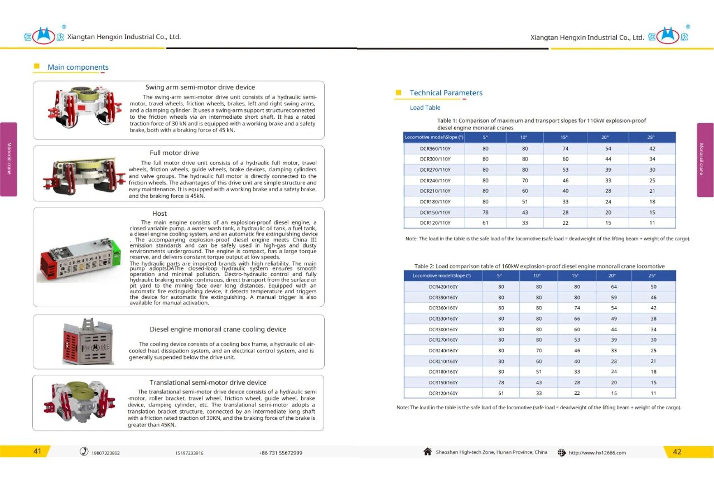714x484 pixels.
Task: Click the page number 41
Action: pos(37,452)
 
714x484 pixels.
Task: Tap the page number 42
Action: pos(677,452)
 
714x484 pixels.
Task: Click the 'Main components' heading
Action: pos(78,67)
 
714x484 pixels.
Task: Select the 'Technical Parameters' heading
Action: pos(446,93)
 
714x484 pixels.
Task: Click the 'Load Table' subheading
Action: pos(425,108)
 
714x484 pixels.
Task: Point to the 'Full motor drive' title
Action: pos(174,153)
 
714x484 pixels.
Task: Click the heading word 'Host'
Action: pos(160,214)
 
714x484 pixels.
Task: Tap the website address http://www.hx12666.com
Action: pos(597,453)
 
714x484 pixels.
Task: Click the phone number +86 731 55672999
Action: pos(281,453)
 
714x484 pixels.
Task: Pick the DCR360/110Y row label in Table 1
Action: pos(435,149)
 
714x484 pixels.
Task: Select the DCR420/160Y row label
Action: pos(443,287)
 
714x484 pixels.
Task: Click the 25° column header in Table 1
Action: pos(652,137)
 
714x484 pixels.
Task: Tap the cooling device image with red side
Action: pos(87,342)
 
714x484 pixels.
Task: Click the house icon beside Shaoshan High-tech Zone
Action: pos(428,452)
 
